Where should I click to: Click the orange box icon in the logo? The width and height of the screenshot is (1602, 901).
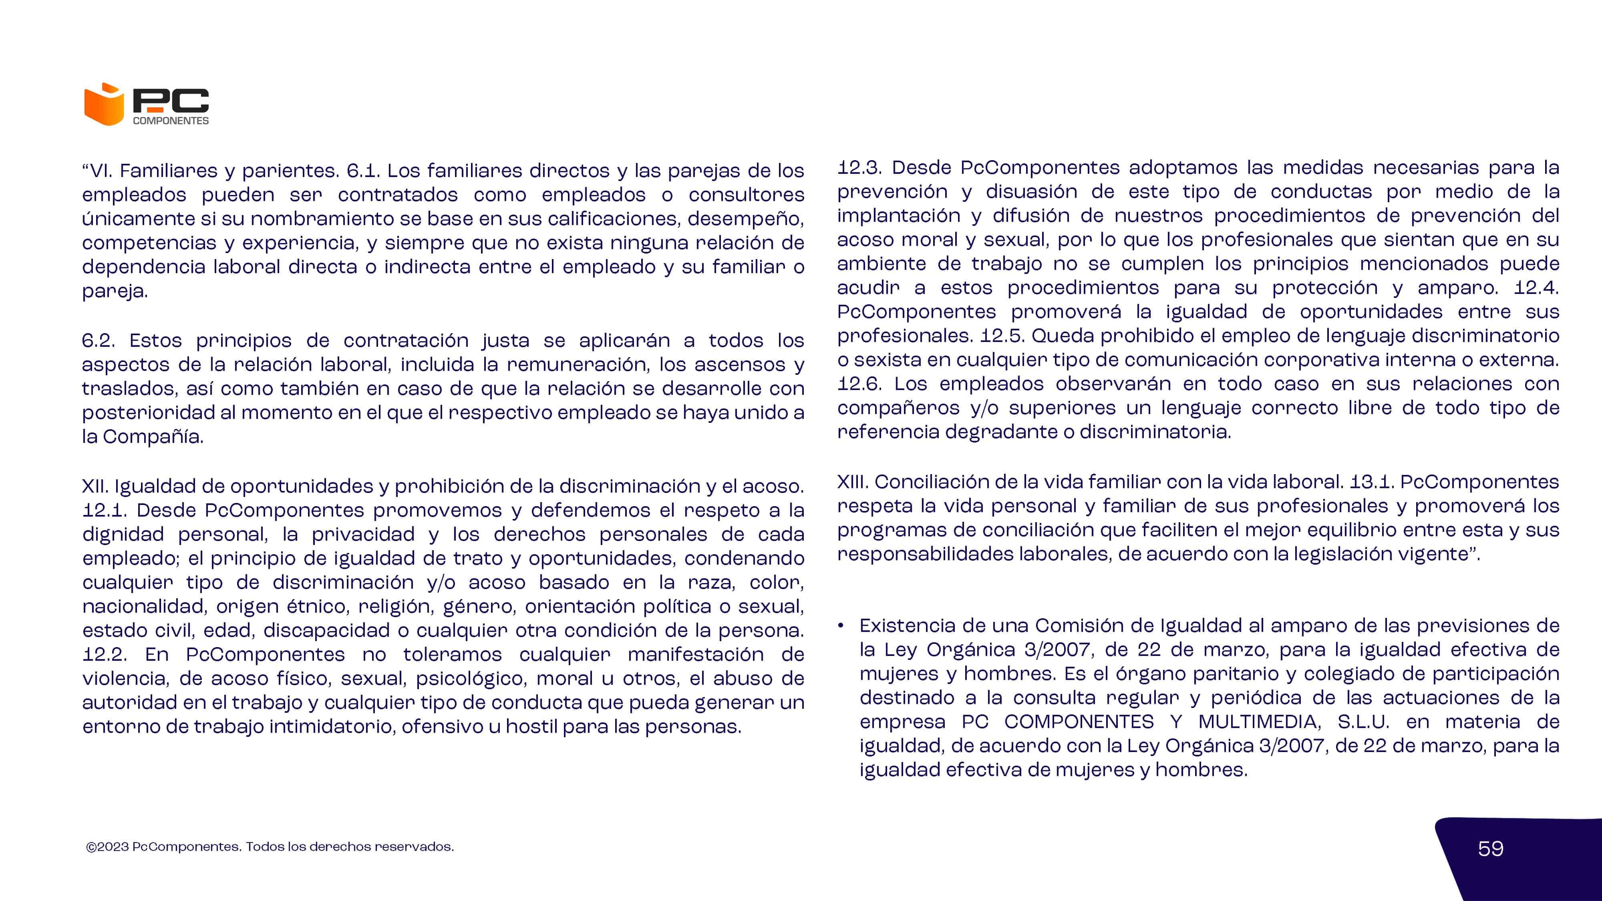(104, 105)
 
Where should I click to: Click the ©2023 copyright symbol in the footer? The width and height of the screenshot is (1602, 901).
(91, 847)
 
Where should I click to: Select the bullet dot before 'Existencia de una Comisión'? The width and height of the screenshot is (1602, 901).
(841, 625)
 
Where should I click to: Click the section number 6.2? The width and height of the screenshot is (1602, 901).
(98, 341)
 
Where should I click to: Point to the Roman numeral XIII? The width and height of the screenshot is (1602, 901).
(853, 482)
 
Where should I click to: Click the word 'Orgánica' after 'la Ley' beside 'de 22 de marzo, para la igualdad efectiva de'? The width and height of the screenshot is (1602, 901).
(971, 650)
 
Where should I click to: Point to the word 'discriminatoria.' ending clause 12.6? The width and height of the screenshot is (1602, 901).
(1155, 432)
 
